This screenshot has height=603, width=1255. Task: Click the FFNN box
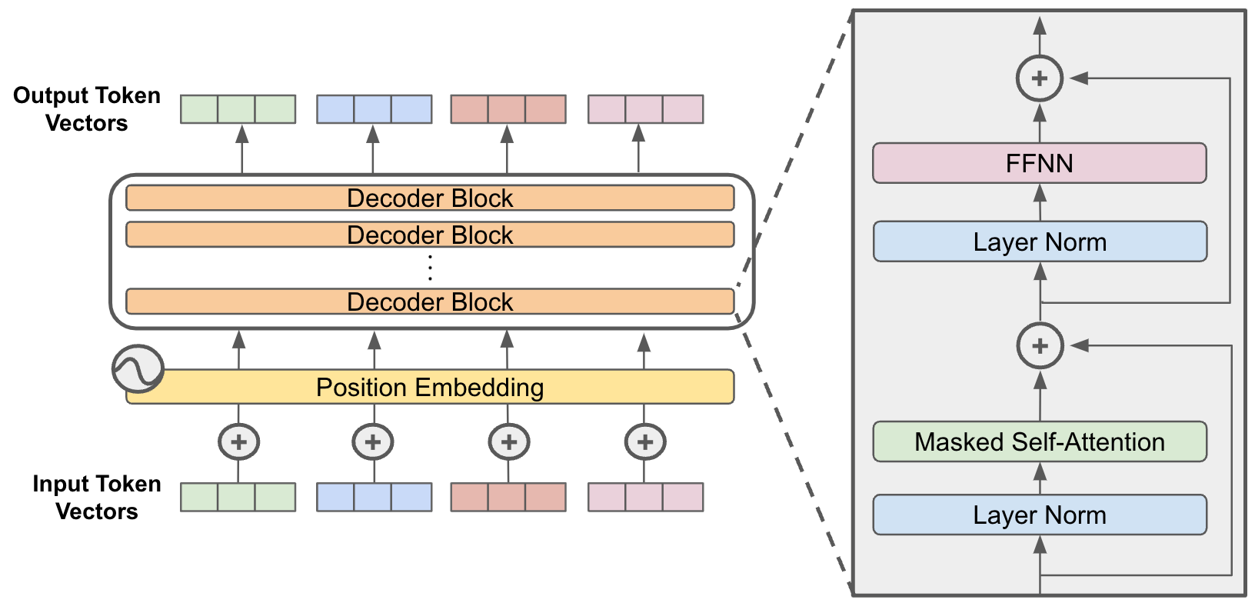pos(1039,163)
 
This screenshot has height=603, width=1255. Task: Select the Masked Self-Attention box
pos(1039,441)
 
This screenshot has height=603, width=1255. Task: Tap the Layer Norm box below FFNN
pos(1039,242)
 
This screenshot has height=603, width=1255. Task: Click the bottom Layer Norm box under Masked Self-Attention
pos(1039,515)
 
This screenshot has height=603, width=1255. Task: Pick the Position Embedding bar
pos(430,387)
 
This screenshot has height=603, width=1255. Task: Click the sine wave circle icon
pos(138,369)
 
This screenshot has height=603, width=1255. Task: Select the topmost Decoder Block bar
pos(430,198)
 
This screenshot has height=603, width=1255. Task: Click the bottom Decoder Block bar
pos(430,301)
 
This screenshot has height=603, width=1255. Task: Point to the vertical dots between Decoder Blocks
pos(430,268)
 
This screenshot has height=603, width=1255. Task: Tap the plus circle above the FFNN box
pos(1039,78)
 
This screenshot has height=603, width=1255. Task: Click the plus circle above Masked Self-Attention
pos(1040,345)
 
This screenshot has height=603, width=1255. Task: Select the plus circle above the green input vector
pos(238,442)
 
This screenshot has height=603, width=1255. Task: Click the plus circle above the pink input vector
pos(644,442)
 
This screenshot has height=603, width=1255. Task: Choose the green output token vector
pos(238,109)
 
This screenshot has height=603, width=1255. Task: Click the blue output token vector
pos(374,109)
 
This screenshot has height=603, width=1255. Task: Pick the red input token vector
pos(508,497)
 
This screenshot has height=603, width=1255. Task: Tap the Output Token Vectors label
pos(86,109)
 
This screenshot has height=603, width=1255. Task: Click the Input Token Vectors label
pos(96,497)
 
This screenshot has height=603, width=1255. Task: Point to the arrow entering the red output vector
pos(507,149)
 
